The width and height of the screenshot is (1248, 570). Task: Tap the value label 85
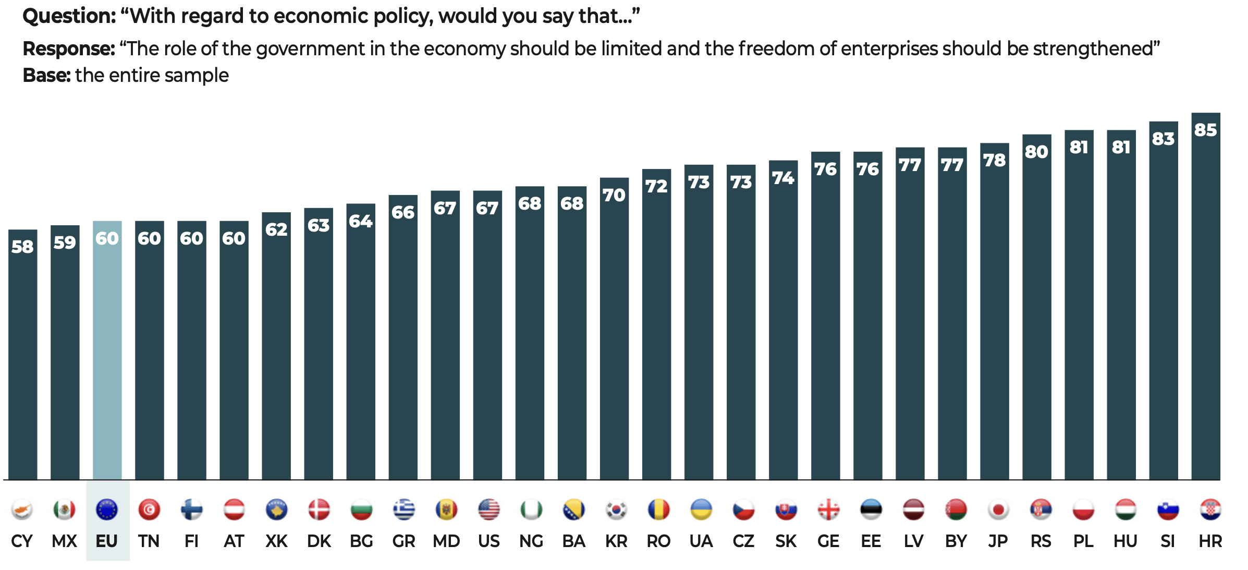coord(1205,130)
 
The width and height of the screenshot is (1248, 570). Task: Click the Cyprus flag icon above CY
coord(22,510)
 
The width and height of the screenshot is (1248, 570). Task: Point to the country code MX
coord(64,541)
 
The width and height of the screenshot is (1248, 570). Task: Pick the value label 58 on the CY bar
coord(22,247)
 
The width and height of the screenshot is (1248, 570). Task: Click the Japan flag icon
coord(998,510)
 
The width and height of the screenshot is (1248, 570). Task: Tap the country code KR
coord(616,541)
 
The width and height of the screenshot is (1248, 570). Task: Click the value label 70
coord(614,195)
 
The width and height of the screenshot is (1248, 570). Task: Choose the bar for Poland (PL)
coord(1079,313)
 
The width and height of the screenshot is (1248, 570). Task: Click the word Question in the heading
coord(69,16)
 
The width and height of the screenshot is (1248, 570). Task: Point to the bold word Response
coord(68,48)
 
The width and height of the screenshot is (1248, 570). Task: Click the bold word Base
coord(46,76)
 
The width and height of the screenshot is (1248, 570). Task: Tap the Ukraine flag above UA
coord(701,510)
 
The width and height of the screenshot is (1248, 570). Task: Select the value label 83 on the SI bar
coord(1163,139)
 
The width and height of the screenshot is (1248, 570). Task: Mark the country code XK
coord(276,541)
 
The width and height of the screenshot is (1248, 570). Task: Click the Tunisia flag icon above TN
coord(149,510)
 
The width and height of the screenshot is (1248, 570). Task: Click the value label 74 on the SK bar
coord(783,178)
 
